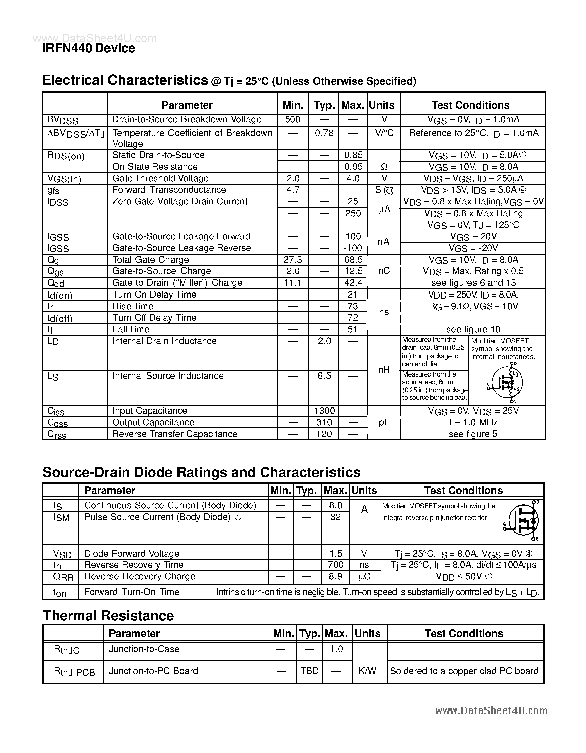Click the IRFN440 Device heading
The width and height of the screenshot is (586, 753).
(88, 48)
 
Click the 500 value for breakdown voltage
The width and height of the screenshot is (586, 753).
(292, 119)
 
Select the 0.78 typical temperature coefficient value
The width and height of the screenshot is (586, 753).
(324, 133)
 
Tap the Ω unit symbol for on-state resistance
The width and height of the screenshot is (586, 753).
(384, 167)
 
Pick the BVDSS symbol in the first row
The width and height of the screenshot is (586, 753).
(62, 120)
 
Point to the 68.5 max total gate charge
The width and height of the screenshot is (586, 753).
(353, 260)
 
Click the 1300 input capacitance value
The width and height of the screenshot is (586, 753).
(324, 411)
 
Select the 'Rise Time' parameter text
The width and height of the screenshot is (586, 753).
(133, 306)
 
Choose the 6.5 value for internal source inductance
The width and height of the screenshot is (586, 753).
(324, 376)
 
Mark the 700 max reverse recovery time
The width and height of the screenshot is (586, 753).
(335, 564)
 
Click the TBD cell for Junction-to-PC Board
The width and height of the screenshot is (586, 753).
(309, 671)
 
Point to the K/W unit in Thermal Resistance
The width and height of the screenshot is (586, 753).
(367, 671)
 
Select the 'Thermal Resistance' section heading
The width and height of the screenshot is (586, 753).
(108, 616)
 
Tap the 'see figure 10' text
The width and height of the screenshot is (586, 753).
(473, 329)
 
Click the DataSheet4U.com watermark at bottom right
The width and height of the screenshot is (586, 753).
(491, 710)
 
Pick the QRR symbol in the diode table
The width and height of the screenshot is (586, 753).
(63, 577)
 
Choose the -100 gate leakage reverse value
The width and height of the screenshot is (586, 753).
(353, 248)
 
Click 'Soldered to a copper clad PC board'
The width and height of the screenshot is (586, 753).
(464, 671)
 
